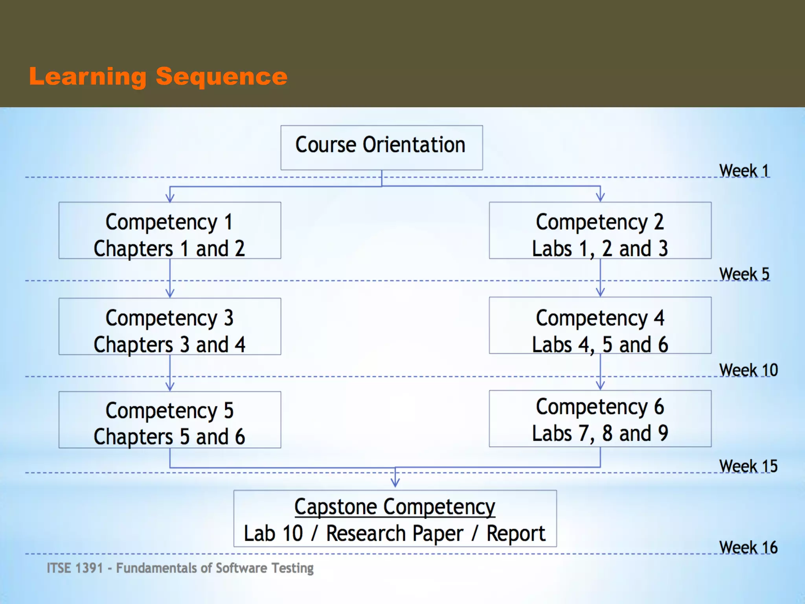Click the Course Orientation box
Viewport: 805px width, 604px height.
pos(381,147)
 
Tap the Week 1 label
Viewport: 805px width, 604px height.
pos(744,171)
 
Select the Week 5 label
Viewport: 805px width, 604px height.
pos(744,274)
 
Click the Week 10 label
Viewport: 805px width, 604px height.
pos(748,370)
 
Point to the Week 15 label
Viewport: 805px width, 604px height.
pos(748,466)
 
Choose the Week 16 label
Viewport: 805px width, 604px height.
pos(748,547)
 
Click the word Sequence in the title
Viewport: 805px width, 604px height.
pos(222,76)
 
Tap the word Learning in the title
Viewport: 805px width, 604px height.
pos(88,76)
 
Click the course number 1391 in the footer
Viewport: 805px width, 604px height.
pos(88,568)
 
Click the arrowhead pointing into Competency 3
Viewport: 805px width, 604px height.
pos(170,293)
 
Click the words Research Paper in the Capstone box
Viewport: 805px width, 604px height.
pos(395,534)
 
